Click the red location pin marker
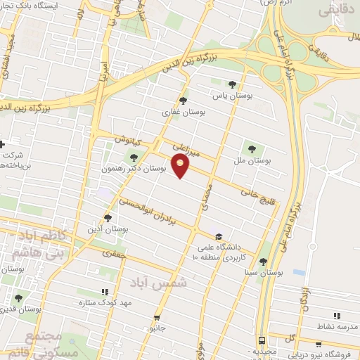click(181, 167)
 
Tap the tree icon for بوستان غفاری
click(184, 101)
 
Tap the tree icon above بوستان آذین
click(108, 218)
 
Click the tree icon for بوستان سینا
click(262, 262)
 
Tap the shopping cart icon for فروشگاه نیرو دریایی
click(319, 345)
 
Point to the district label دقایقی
click(337, 11)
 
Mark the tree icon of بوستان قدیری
click(18, 298)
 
